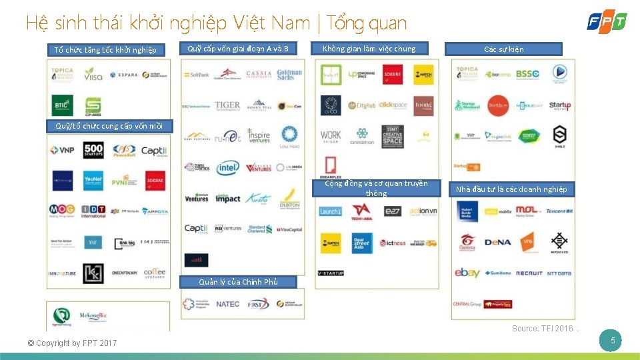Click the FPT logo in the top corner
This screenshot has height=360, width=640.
click(606, 21)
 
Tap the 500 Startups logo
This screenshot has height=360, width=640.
click(93, 151)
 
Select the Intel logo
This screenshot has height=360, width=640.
click(227, 168)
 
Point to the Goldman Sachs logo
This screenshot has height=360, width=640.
click(289, 75)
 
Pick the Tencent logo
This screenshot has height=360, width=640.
click(559, 211)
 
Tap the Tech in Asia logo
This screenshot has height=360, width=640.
click(361, 211)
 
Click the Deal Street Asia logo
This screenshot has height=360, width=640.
click(362, 242)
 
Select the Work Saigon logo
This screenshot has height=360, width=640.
click(331, 136)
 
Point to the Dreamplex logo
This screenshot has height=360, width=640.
click(331, 167)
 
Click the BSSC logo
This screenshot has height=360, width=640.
click(527, 74)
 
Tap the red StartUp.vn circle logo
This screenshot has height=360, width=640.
click(498, 105)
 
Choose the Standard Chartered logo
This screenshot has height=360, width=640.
click(258, 229)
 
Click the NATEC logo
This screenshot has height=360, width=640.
click(228, 304)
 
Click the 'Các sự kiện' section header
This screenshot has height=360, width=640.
click(503, 49)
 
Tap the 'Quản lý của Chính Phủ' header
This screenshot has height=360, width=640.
click(238, 282)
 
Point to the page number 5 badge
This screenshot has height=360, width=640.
click(612, 341)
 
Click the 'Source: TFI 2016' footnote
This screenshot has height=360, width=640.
click(543, 328)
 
